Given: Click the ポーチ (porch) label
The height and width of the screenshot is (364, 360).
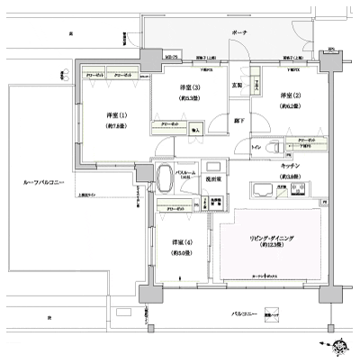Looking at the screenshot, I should [x=239, y=32].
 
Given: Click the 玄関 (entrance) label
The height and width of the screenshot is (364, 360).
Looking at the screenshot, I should [x=238, y=86].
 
